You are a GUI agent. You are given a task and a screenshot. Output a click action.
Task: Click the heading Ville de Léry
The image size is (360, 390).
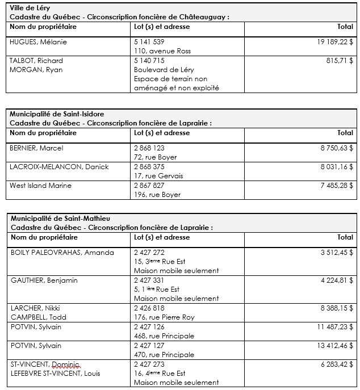[29, 8]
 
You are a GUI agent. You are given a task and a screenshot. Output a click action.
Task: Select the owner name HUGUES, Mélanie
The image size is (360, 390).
[36, 42]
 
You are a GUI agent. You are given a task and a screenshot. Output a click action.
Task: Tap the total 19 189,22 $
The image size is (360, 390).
[335, 42]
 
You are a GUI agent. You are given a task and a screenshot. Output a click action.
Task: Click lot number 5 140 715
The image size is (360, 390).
[149, 61]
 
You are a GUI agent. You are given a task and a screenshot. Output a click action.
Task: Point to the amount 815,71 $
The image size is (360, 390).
[340, 61]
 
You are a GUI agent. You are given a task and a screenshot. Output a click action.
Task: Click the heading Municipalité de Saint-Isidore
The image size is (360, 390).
[57, 114]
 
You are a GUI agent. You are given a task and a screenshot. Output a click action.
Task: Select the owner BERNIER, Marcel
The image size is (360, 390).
[36, 148]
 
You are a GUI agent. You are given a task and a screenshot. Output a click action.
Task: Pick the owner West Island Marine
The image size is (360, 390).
[39, 185]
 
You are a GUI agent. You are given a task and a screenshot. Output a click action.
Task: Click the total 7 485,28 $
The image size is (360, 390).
[337, 185]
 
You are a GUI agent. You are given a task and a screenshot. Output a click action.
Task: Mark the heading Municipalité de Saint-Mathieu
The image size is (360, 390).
[60, 218]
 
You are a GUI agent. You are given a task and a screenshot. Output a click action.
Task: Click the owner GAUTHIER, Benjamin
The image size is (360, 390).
[44, 280]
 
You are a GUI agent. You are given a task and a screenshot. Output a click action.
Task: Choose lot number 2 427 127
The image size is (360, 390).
[149, 346]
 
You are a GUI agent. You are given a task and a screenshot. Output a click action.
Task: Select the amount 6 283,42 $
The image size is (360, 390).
[337, 364]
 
